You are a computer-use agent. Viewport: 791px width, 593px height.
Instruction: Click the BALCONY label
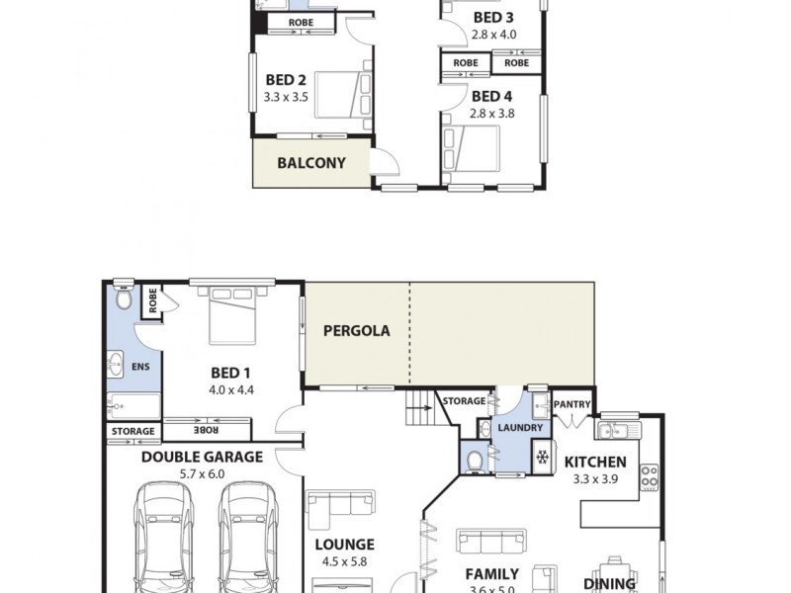pos(310,163)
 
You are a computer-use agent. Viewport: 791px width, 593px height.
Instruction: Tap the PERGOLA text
pos(356,331)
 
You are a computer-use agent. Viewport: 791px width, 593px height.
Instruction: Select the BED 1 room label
pos(231,373)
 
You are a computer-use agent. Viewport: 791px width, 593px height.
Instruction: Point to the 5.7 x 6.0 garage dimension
pos(202,474)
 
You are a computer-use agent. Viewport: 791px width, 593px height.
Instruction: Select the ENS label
pos(140,367)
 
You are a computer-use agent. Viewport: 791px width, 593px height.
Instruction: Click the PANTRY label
pos(571,404)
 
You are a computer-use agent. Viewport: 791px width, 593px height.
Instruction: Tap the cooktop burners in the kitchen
pos(650,477)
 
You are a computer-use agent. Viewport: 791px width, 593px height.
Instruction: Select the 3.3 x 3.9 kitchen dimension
pos(594,479)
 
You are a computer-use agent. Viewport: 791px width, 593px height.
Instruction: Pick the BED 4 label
pos(491,96)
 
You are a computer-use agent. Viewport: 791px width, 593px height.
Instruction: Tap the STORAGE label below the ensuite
pos(132,432)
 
